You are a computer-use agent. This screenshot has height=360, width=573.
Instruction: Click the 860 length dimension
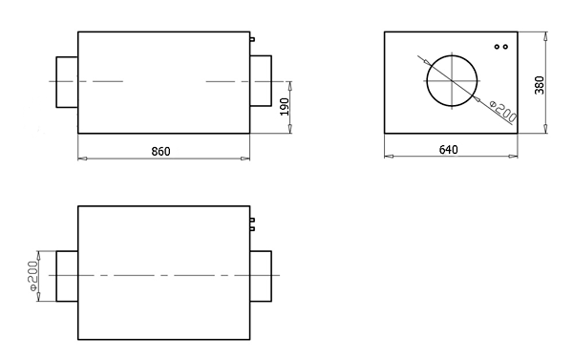(160, 151)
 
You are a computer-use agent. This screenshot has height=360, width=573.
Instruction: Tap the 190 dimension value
(285, 107)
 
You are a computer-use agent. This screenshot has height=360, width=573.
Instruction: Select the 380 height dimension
(540, 85)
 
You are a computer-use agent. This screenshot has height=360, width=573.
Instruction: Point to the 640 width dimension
(449, 150)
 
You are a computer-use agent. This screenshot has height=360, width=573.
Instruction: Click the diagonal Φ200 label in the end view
(503, 112)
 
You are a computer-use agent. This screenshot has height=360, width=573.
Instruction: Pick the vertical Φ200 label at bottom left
(33, 276)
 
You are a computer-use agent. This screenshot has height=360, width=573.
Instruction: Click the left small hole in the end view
(497, 47)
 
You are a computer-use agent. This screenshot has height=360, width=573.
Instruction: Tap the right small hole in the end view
(505, 47)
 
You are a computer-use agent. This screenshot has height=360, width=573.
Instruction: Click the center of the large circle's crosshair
(453, 81)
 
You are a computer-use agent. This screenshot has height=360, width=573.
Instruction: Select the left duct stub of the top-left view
(67, 82)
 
